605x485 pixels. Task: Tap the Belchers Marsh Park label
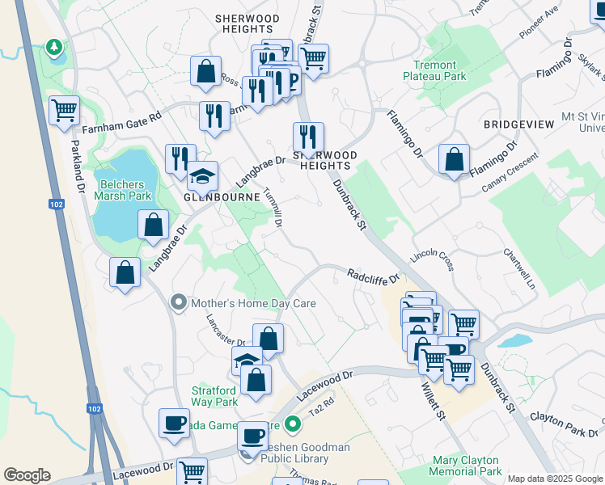125,190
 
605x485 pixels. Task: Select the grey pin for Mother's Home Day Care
178,303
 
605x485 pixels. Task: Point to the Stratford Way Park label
214,396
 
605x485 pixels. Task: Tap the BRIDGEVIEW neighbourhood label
518,124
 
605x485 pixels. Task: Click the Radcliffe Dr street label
374,276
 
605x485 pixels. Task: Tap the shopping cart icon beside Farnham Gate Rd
64,110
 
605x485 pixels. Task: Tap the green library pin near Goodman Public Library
294,423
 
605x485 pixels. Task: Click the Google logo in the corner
27,475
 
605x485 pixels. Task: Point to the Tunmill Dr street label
273,208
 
